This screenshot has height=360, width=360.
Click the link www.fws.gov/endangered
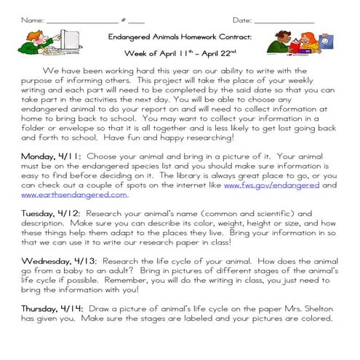click(271, 185)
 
